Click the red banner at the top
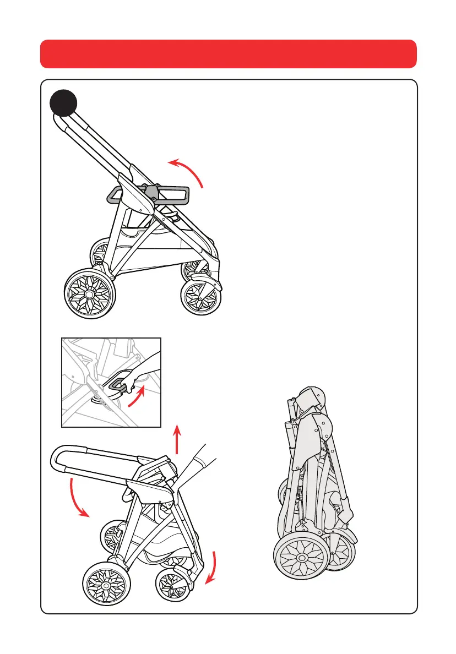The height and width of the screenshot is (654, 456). [228, 53]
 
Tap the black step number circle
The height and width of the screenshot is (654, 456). [64, 103]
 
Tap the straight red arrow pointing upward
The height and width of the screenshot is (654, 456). [177, 438]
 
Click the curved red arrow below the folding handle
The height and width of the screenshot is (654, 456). [77, 498]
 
